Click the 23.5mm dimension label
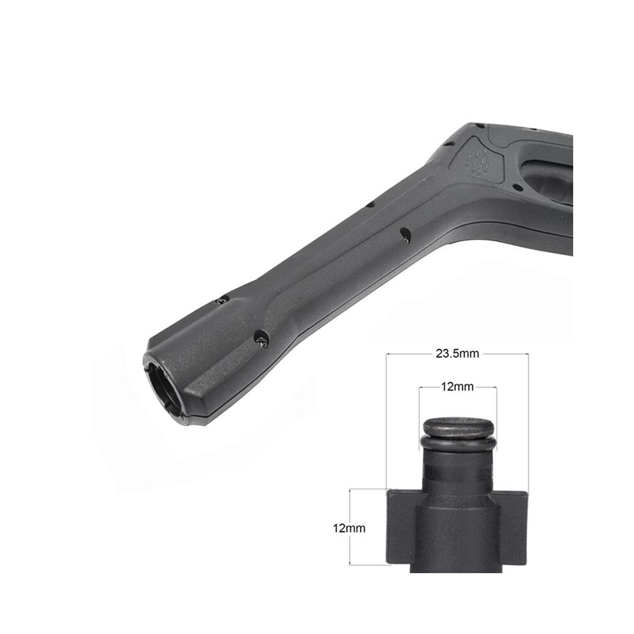point(457,354)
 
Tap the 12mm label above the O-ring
point(457,387)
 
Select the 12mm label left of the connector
point(349,528)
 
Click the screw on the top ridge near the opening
point(222,300)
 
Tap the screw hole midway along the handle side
point(405,235)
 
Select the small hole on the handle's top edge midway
point(370,205)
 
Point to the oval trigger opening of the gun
point(548,181)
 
